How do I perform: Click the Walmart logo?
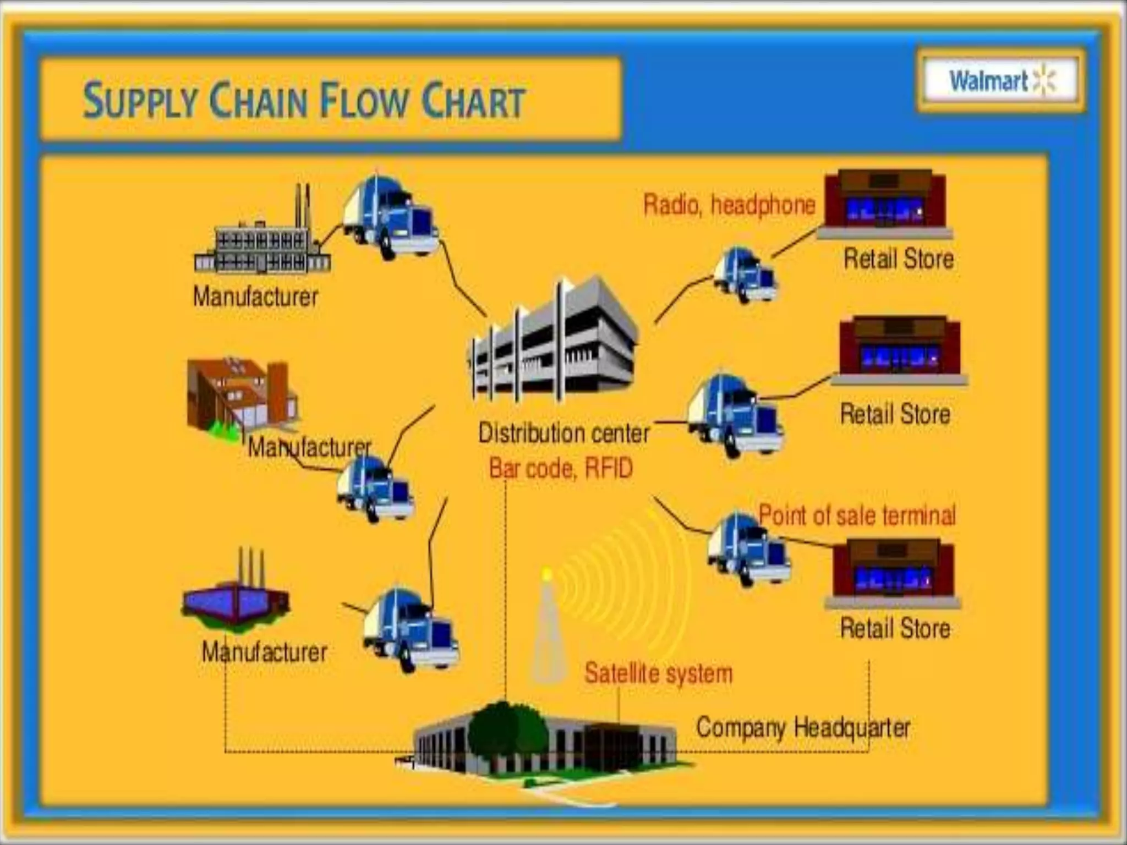(x=1001, y=81)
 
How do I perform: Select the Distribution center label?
(x=563, y=433)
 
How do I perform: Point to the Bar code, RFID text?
(x=561, y=469)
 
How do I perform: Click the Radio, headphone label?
(x=729, y=205)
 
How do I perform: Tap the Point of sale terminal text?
(x=857, y=515)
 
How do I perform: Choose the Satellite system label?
(x=658, y=673)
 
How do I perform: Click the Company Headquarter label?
(x=803, y=727)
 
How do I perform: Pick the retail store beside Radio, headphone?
(x=884, y=204)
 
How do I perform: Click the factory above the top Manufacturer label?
(x=262, y=239)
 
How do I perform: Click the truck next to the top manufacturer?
(x=390, y=217)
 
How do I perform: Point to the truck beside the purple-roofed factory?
(x=410, y=630)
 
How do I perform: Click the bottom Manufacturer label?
(x=264, y=652)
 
